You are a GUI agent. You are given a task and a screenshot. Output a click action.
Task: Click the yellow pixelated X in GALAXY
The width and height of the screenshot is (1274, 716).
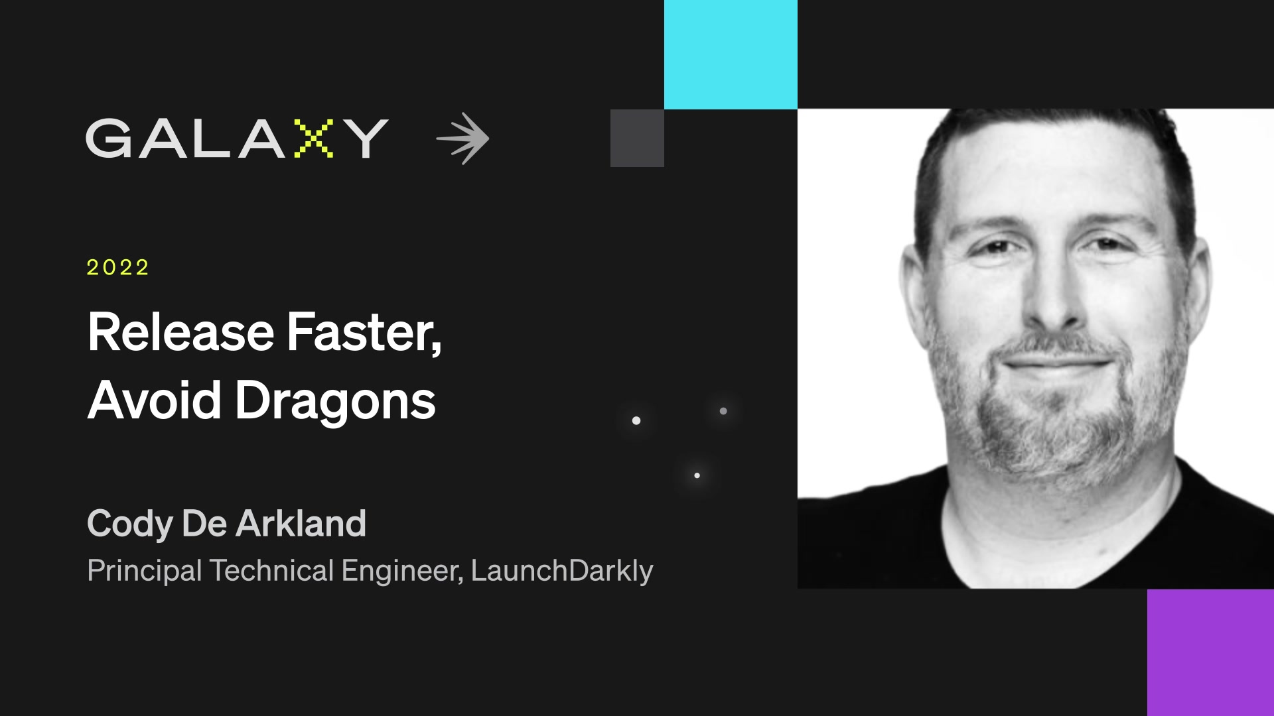313,139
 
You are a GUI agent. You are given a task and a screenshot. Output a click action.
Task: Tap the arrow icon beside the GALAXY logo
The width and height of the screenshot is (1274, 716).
463,139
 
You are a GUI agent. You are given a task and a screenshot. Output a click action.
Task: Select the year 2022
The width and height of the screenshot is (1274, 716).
117,267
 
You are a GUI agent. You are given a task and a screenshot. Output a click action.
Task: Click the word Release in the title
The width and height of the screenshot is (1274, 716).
180,332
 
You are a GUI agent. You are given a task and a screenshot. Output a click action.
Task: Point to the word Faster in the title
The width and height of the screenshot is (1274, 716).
363,332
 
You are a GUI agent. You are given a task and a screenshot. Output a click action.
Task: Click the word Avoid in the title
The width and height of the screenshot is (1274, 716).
154,400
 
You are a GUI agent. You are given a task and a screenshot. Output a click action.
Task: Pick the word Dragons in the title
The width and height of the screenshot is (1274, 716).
335,402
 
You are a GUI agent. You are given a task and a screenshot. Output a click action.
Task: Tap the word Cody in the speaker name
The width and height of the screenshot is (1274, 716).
129,524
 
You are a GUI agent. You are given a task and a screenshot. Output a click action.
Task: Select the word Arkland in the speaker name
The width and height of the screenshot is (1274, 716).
301,523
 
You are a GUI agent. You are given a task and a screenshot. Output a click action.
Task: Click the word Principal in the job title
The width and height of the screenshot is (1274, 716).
144,571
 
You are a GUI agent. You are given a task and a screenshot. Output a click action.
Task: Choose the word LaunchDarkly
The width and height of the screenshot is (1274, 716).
562,571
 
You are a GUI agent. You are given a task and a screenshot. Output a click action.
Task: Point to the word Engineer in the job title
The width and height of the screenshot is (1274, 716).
401,571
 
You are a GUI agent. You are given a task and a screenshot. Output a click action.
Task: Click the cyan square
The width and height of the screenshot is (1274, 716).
731,54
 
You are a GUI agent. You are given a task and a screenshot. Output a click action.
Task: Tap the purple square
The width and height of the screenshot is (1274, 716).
1210,652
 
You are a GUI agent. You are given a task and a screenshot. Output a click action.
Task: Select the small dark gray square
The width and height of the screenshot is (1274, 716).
637,138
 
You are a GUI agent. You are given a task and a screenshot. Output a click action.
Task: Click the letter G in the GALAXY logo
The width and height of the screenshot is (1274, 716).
109,139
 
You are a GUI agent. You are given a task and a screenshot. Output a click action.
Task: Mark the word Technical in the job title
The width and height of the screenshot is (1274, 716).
271,571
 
